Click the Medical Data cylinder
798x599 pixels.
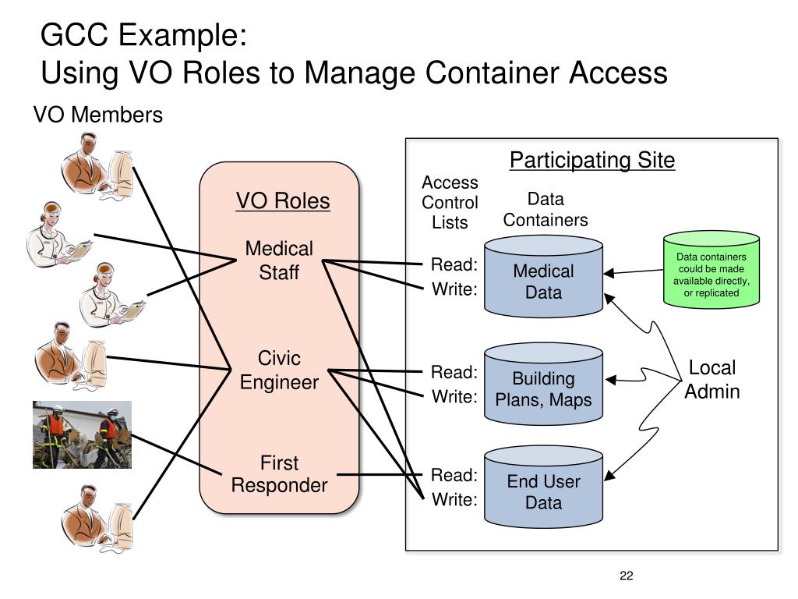point(543,276)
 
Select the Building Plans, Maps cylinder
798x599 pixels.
point(543,384)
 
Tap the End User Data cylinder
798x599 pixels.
point(543,487)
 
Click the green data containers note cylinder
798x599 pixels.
point(711,269)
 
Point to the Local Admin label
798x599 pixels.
point(712,380)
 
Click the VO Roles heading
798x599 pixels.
point(283,200)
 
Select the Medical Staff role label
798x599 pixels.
point(279,261)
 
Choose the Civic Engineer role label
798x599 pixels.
point(280,370)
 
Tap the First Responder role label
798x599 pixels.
point(280,473)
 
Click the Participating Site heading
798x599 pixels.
point(592,160)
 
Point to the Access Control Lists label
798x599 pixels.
point(450,202)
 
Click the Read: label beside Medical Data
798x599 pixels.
point(454,264)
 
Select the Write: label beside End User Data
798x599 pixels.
point(455,499)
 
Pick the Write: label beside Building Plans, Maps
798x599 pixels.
point(455,396)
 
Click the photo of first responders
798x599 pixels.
point(82,434)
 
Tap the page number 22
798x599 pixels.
point(627,576)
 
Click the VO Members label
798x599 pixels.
point(98,115)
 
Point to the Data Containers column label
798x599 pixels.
point(546,209)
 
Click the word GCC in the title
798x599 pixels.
point(74,35)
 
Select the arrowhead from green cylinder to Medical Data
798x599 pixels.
point(609,273)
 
